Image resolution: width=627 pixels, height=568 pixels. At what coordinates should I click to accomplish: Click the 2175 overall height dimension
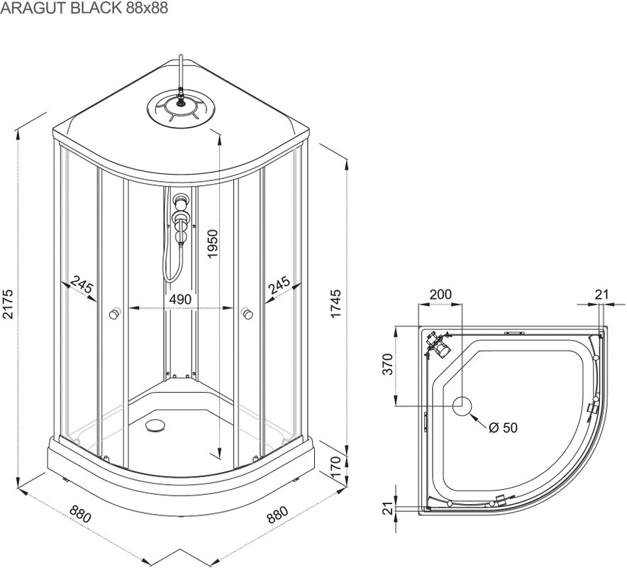tap(10, 304)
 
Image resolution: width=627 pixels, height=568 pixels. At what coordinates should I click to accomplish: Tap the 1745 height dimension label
tap(335, 304)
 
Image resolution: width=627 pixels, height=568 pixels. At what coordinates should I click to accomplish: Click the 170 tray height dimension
tap(335, 469)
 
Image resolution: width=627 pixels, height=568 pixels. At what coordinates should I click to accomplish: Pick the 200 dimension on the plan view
tap(440, 294)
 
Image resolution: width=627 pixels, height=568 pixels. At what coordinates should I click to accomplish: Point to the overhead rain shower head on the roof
tap(182, 109)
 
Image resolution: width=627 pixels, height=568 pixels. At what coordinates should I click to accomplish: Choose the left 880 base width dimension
tap(79, 513)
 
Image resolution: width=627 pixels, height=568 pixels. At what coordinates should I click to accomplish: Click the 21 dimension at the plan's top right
tap(602, 294)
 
